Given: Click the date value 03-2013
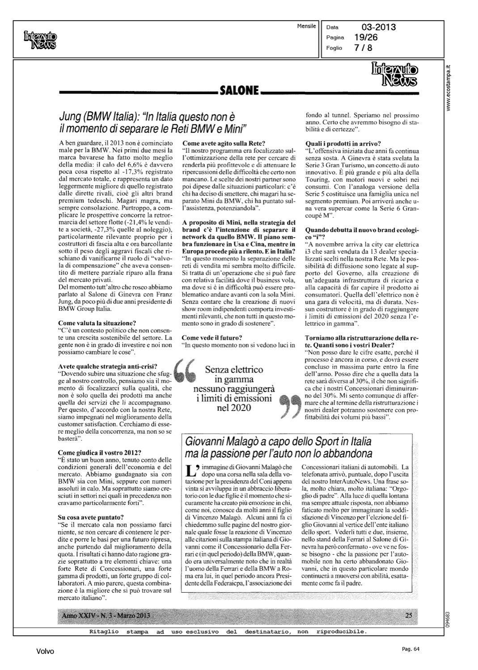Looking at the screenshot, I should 379,27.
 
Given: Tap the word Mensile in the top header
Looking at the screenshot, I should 306,26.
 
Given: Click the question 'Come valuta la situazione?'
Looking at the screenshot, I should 97,323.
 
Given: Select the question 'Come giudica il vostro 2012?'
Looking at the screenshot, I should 100,452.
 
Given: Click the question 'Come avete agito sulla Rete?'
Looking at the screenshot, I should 224,143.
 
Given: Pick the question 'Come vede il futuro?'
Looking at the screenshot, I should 212,337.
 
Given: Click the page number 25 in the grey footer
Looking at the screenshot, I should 409,616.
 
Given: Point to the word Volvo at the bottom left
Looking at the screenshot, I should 45,652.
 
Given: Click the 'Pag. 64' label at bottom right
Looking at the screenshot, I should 409,649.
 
